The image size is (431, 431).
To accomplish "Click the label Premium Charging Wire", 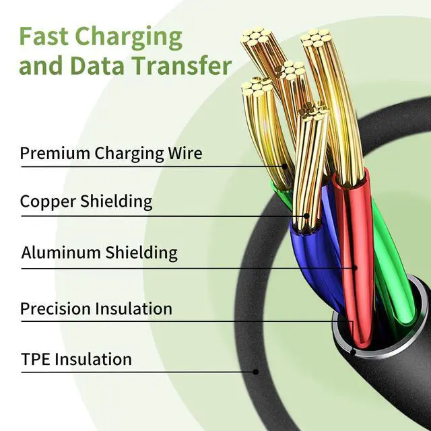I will click(110, 153).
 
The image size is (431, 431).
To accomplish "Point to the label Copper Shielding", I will click(86, 201).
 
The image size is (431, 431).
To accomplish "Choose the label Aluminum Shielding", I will click(99, 253).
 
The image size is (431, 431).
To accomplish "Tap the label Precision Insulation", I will click(96, 309).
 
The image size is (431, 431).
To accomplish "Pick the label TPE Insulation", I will click(75, 359).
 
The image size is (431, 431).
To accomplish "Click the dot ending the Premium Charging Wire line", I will click(285, 166).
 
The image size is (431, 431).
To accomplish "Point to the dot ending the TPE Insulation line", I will click(256, 371).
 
